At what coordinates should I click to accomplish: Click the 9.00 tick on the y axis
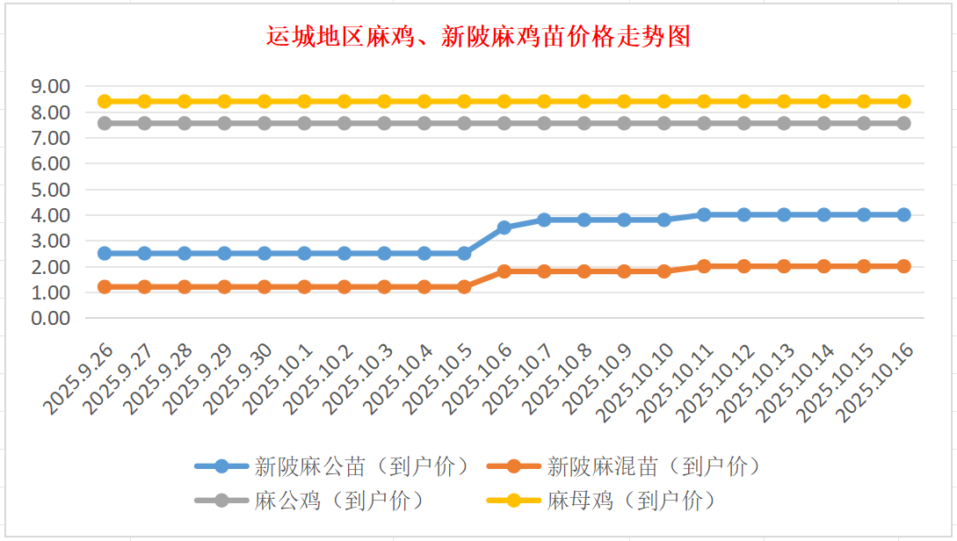(49, 86)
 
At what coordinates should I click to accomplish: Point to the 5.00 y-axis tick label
(49, 189)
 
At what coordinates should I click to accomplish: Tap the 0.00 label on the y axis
(49, 318)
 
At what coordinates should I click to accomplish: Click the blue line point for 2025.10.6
(504, 227)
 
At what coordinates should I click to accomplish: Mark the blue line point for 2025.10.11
(704, 214)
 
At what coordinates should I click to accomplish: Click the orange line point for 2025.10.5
(464, 286)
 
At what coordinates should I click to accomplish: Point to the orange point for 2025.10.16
(903, 266)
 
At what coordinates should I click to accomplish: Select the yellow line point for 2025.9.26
(105, 101)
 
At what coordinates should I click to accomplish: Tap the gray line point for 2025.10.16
(903, 123)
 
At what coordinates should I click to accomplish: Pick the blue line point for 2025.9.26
(105, 253)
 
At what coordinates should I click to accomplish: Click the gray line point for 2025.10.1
(304, 123)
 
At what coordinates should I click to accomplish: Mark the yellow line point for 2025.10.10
(664, 101)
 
